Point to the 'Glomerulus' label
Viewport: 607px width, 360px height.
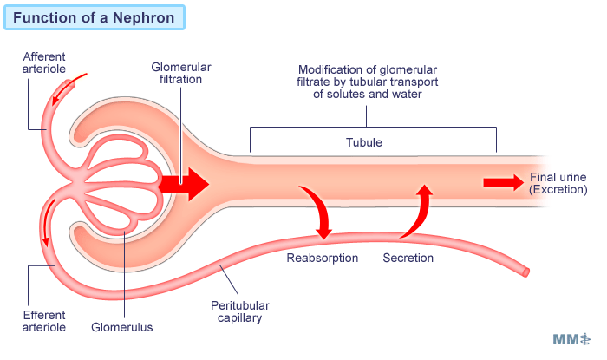click(x=122, y=327)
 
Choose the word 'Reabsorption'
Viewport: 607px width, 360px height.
click(x=322, y=258)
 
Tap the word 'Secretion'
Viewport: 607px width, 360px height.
click(x=408, y=258)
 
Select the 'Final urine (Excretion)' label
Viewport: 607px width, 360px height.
click(x=558, y=183)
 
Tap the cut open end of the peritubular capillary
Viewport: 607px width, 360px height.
click(x=525, y=272)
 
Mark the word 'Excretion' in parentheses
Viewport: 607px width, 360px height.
click(x=559, y=189)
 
